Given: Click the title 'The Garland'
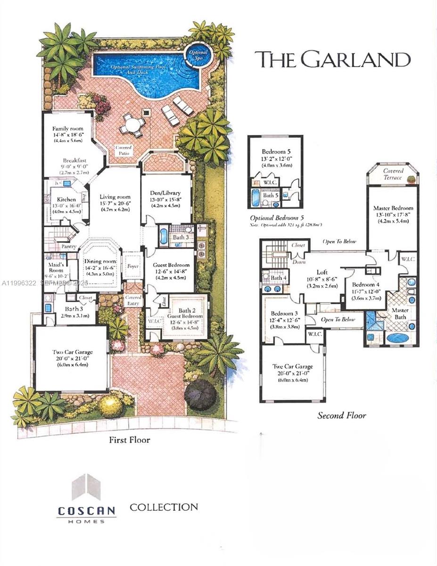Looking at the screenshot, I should pos(332,60).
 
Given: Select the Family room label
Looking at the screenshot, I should pos(68,128).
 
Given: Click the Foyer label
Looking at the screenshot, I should pos(133,266).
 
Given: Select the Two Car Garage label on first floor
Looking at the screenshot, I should pos(73,352).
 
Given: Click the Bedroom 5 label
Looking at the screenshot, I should pos(276,152).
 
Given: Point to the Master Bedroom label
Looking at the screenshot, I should pos(393,208).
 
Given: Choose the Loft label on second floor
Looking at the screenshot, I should pos(322,272).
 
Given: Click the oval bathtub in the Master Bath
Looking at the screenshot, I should pos(398,338).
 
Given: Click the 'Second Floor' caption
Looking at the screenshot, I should pos(341,416).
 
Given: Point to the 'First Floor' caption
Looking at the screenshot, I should pos(129,440).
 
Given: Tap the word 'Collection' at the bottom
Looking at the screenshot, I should pos(164,508).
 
